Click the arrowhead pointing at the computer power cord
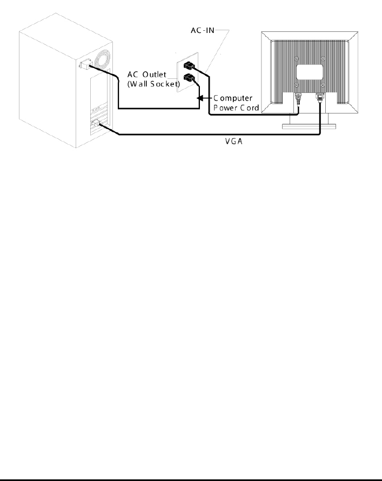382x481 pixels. pos(200,98)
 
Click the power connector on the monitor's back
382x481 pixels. pos(297,99)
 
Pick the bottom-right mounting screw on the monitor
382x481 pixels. pos(323,85)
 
